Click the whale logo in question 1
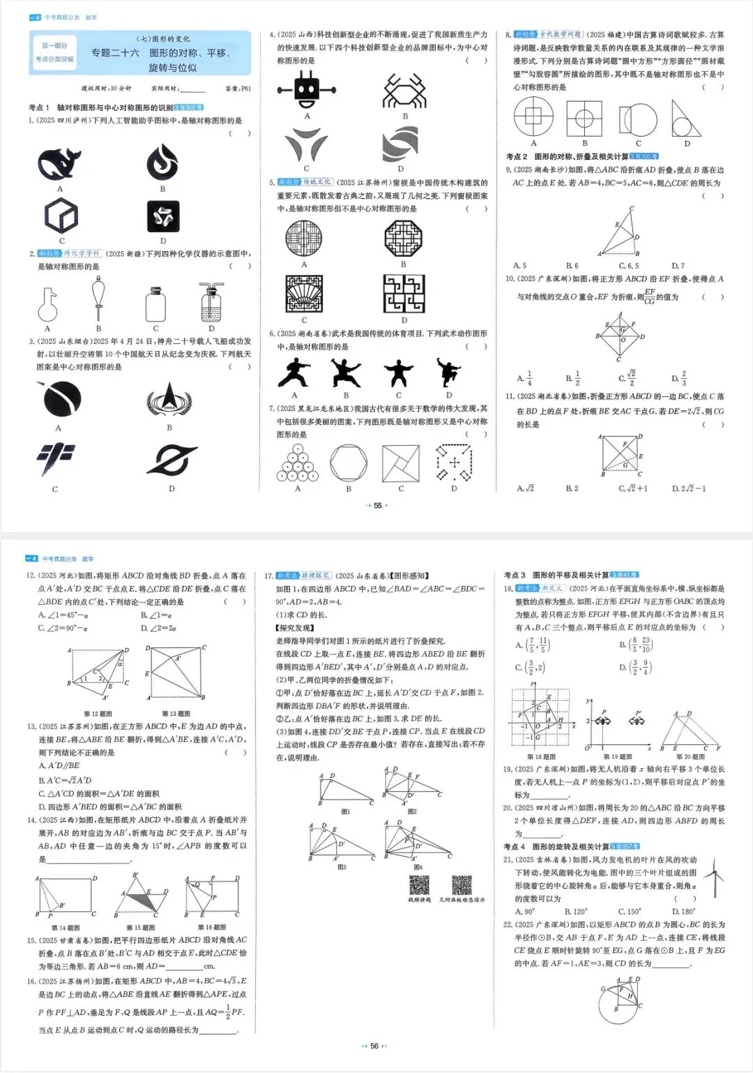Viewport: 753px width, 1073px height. tap(59, 165)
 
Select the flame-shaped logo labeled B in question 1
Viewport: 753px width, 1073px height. tap(162, 162)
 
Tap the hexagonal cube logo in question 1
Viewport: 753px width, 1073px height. tap(61, 216)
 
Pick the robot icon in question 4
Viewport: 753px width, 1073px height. tap(306, 90)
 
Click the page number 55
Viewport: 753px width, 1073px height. tap(378, 506)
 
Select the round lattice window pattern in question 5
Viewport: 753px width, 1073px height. tap(304, 239)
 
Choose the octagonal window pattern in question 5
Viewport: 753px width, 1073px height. tap(403, 239)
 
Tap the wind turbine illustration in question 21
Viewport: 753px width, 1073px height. tap(713, 877)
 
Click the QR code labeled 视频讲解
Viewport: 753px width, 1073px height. tap(419, 885)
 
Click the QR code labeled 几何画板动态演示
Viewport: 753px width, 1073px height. tap(462, 885)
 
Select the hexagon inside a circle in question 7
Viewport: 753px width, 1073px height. tap(349, 463)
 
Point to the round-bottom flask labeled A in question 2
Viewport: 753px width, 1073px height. tap(47, 304)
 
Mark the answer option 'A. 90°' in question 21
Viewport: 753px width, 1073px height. tap(525, 911)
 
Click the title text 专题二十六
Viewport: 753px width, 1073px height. tap(115, 53)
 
